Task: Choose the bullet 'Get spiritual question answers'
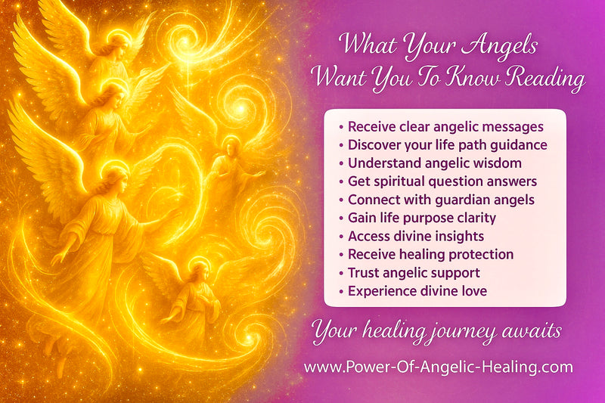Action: pos(442,181)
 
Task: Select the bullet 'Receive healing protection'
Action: pos(430,255)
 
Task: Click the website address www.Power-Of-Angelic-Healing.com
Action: pos(438,368)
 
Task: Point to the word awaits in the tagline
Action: pos(535,330)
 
